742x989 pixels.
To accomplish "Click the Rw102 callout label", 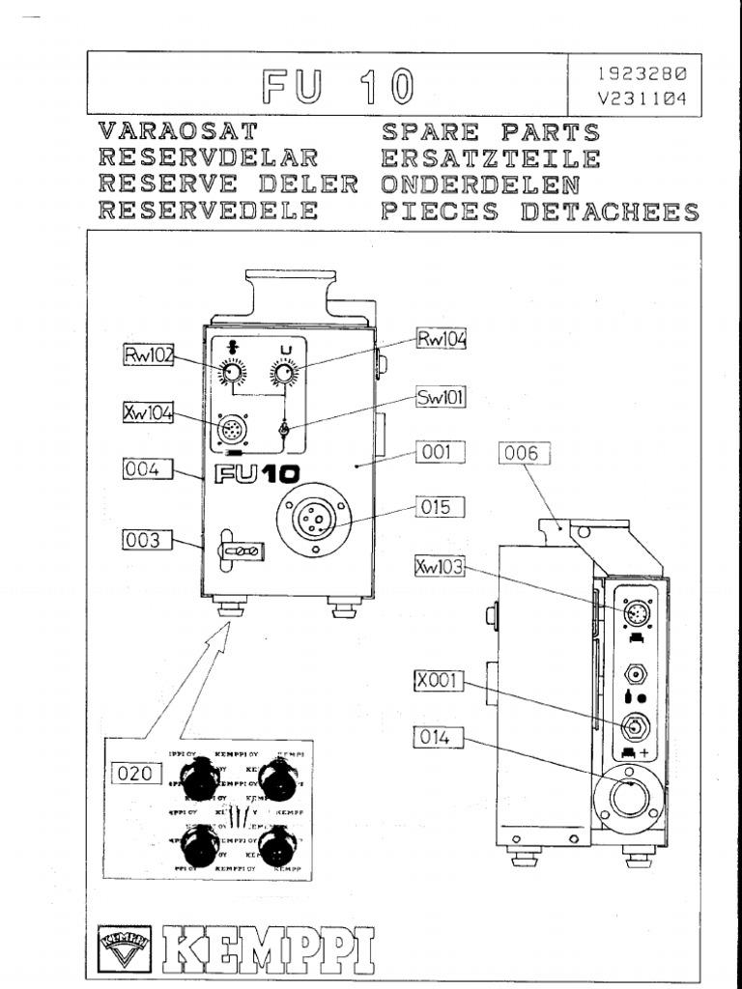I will [148, 355].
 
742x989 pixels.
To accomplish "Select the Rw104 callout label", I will [442, 339].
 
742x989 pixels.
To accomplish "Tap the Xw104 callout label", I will [148, 412].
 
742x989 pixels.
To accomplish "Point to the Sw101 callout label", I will [441, 397].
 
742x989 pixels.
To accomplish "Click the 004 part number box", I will [147, 470].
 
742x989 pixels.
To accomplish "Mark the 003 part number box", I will [147, 540].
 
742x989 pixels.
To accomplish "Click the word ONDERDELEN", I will [481, 184].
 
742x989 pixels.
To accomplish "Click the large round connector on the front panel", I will [314, 523].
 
